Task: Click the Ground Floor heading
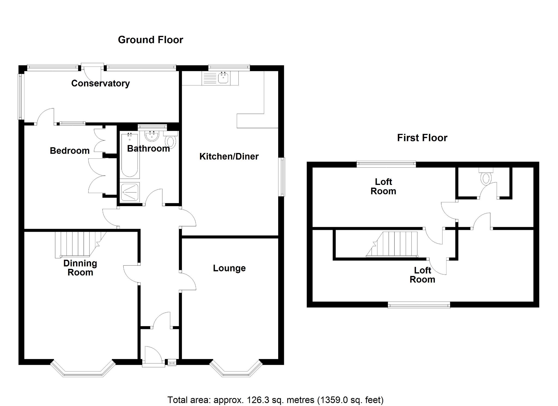(x=150, y=40)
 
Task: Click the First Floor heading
(x=422, y=138)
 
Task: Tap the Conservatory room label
(x=100, y=83)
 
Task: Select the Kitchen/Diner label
(x=229, y=157)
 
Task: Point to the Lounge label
(x=229, y=268)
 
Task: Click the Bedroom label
(x=69, y=151)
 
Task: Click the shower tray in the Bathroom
(x=129, y=192)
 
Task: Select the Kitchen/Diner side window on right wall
(x=283, y=177)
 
